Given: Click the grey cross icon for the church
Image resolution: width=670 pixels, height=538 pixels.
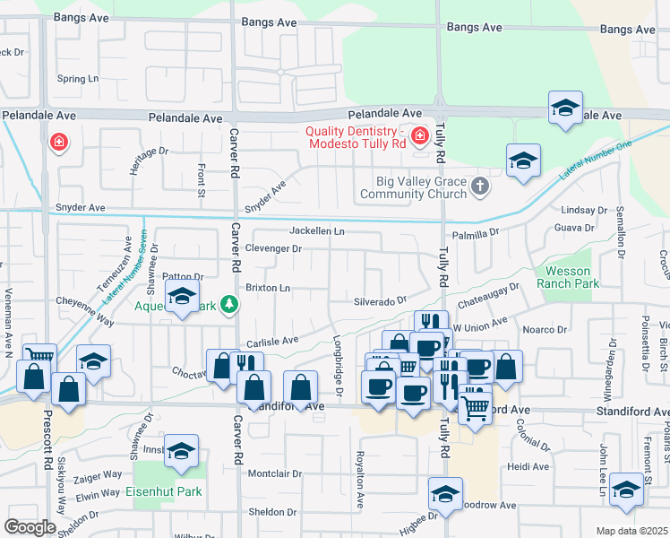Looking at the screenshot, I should [x=481, y=187].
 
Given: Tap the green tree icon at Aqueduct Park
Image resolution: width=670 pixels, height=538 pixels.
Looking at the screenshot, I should [x=230, y=305].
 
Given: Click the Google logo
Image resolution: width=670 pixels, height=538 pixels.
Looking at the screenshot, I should [x=30, y=527].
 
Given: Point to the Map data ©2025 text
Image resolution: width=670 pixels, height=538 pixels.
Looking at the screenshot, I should [x=631, y=531].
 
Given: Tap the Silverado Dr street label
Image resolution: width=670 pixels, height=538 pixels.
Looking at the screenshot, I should [x=380, y=301].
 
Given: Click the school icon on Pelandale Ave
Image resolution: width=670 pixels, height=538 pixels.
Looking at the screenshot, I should [x=565, y=108].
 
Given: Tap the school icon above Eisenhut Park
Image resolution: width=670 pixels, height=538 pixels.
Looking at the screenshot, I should [x=181, y=451].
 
